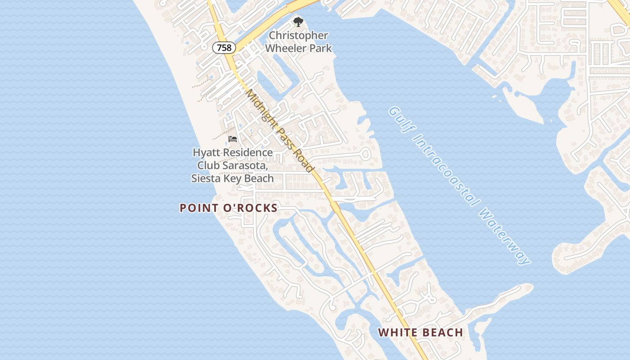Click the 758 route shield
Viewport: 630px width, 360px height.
(x=224, y=47)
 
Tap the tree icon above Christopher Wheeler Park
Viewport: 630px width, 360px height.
(x=298, y=22)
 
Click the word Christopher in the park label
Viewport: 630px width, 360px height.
(x=298, y=35)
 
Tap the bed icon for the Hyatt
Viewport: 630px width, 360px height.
(x=233, y=139)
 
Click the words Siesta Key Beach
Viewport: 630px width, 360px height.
(x=233, y=178)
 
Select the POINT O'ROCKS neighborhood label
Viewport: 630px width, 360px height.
(x=229, y=208)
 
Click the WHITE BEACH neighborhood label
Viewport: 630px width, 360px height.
(x=420, y=333)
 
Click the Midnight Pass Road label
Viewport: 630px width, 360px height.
(x=279, y=130)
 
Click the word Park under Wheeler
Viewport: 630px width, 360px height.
(x=319, y=48)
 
